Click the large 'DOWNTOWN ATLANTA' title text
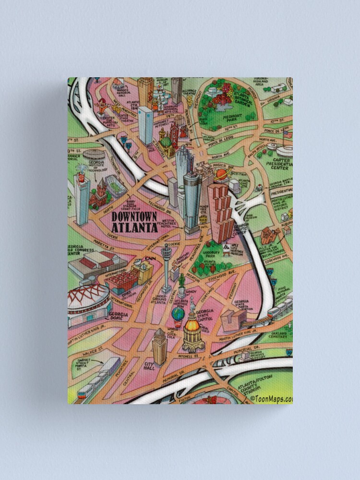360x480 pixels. point(134,222)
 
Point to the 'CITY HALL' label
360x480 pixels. point(149,366)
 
